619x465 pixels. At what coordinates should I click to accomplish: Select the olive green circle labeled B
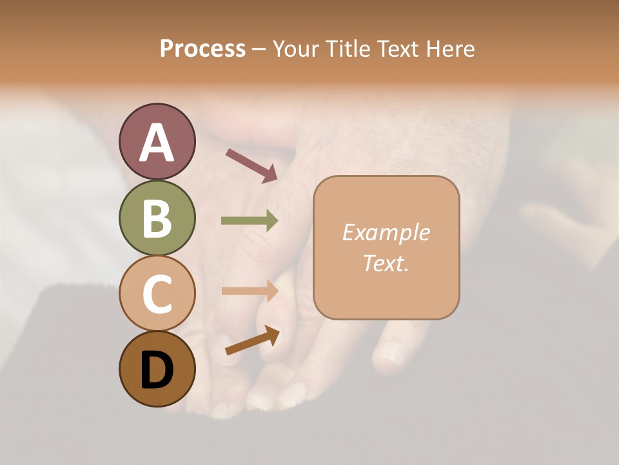coord(157,218)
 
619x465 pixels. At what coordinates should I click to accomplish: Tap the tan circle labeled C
coord(157,293)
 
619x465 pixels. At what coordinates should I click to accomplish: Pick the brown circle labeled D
coord(157,369)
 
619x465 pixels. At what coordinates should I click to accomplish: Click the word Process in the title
coord(202,49)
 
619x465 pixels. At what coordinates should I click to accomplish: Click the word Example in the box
coord(386,233)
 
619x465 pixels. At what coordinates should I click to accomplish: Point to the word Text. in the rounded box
coord(386,263)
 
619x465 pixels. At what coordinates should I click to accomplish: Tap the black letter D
coord(157,371)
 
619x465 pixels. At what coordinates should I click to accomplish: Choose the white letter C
coord(157,294)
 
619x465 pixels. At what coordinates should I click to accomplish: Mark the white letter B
coord(157,219)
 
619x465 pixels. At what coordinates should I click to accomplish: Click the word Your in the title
coord(296,49)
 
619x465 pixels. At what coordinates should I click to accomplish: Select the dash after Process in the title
coord(259,50)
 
